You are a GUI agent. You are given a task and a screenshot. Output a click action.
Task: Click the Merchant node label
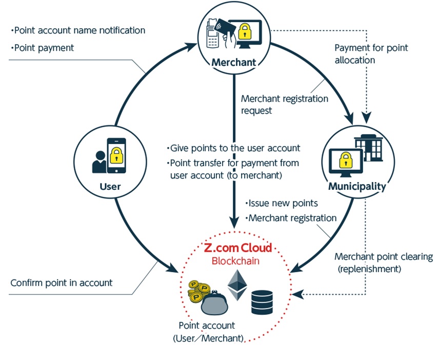[233, 62]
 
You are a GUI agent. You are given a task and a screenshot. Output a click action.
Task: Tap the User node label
[110, 186]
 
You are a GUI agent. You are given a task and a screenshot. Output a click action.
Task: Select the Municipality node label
[357, 186]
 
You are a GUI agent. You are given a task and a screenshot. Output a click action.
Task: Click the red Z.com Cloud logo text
[237, 248]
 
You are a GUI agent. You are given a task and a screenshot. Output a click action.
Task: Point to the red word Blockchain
[235, 261]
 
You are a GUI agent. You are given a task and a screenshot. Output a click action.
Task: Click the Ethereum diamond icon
[237, 285]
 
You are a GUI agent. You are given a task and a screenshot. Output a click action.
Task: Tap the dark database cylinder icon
[262, 303]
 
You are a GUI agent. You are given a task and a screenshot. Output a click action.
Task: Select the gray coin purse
[214, 303]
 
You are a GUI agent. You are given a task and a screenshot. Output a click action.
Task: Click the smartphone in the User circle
[116, 155]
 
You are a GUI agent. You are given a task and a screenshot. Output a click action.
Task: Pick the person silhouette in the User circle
[99, 162]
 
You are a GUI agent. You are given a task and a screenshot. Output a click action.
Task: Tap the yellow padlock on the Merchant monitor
[245, 31]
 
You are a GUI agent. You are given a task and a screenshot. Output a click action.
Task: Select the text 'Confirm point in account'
[62, 283]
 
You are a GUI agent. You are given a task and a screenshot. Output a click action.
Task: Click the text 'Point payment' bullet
[43, 48]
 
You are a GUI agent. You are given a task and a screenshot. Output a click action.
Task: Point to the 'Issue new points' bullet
[282, 203]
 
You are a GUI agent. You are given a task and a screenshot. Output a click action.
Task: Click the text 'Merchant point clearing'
[384, 256]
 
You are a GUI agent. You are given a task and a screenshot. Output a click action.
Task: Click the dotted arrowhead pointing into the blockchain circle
[298, 294]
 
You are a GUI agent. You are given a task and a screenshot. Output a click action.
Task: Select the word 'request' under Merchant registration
[256, 111]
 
